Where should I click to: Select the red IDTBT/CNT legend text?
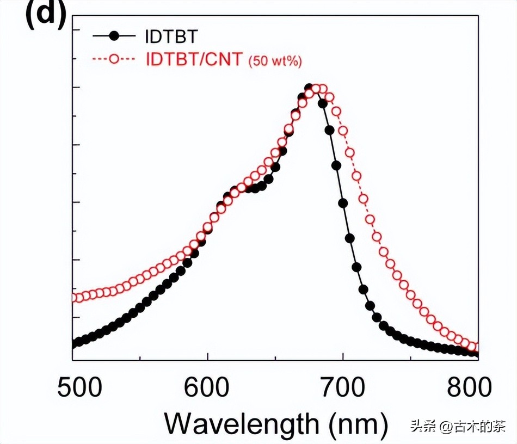[x=194, y=59]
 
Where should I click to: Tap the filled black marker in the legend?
[x=114, y=36]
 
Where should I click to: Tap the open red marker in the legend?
[x=114, y=59]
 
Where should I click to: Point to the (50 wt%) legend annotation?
[x=275, y=60]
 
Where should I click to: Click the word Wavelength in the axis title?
[x=242, y=423]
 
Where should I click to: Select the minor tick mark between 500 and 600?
[x=140, y=357]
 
